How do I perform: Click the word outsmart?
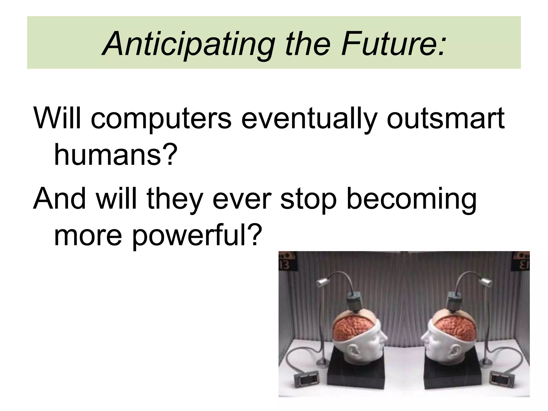(x=446, y=118)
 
